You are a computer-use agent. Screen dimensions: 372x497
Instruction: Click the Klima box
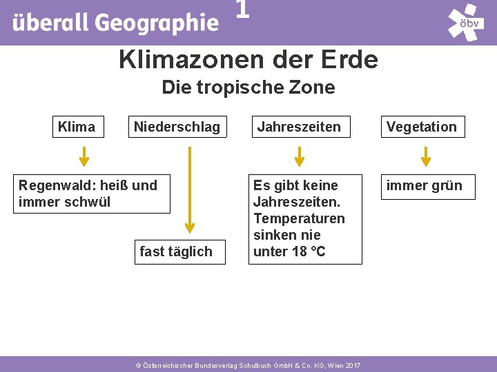pos(77,127)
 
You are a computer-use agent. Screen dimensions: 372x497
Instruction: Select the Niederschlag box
pos(177,127)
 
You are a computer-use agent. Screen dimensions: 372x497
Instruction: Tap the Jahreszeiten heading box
pos(299,127)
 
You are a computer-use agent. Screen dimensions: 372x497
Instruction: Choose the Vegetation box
pos(422,127)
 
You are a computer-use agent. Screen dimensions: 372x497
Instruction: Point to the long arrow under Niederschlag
pos(190,189)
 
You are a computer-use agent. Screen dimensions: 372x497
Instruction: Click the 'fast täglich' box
pos(176,251)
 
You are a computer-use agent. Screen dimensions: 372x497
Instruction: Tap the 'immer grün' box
pos(425,185)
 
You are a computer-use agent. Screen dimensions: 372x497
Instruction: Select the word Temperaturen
pos(299,218)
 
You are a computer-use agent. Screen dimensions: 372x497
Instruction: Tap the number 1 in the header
pos(242,10)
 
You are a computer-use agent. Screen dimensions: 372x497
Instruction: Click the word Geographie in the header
pos(156,23)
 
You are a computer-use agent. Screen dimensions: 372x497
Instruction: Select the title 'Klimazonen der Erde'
pos(248,60)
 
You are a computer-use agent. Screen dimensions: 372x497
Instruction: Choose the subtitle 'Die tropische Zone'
pos(248,87)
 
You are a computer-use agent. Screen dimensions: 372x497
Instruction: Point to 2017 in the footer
pos(351,364)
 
